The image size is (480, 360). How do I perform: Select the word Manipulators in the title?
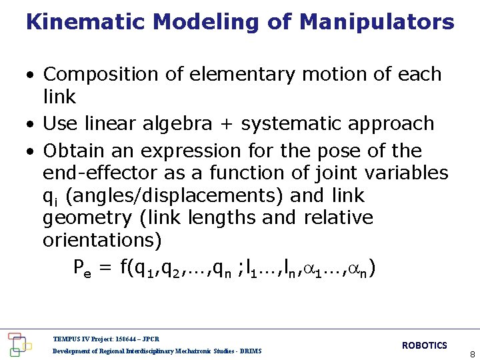[x=377, y=23]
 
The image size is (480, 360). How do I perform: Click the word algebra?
[x=174, y=124]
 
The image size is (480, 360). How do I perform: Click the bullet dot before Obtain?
[x=31, y=151]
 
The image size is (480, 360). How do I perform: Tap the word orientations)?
[x=101, y=239]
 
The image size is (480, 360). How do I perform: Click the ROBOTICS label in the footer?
[x=424, y=345]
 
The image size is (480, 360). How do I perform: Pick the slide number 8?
[x=472, y=355]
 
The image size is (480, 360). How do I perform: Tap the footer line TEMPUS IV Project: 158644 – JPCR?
[x=106, y=339]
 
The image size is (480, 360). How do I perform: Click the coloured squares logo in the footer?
[x=18, y=343]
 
